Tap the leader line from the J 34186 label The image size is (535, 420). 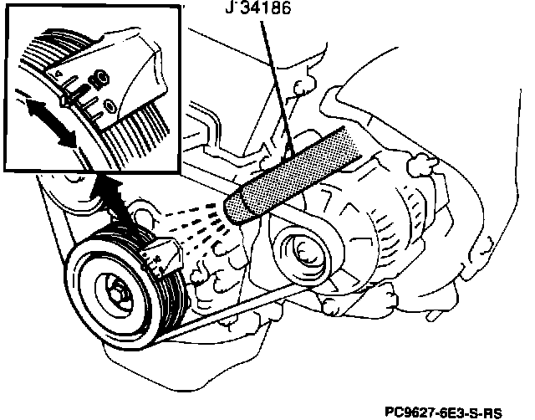point(275,84)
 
